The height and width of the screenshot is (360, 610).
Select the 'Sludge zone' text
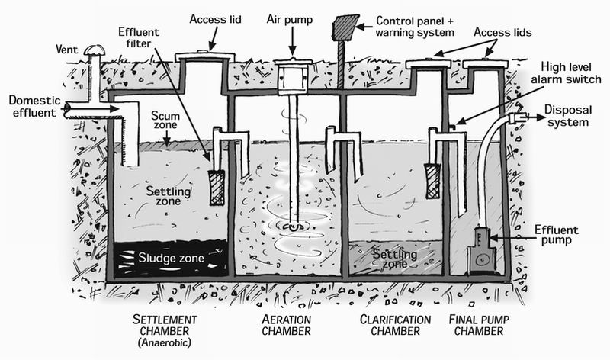coord(172,258)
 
